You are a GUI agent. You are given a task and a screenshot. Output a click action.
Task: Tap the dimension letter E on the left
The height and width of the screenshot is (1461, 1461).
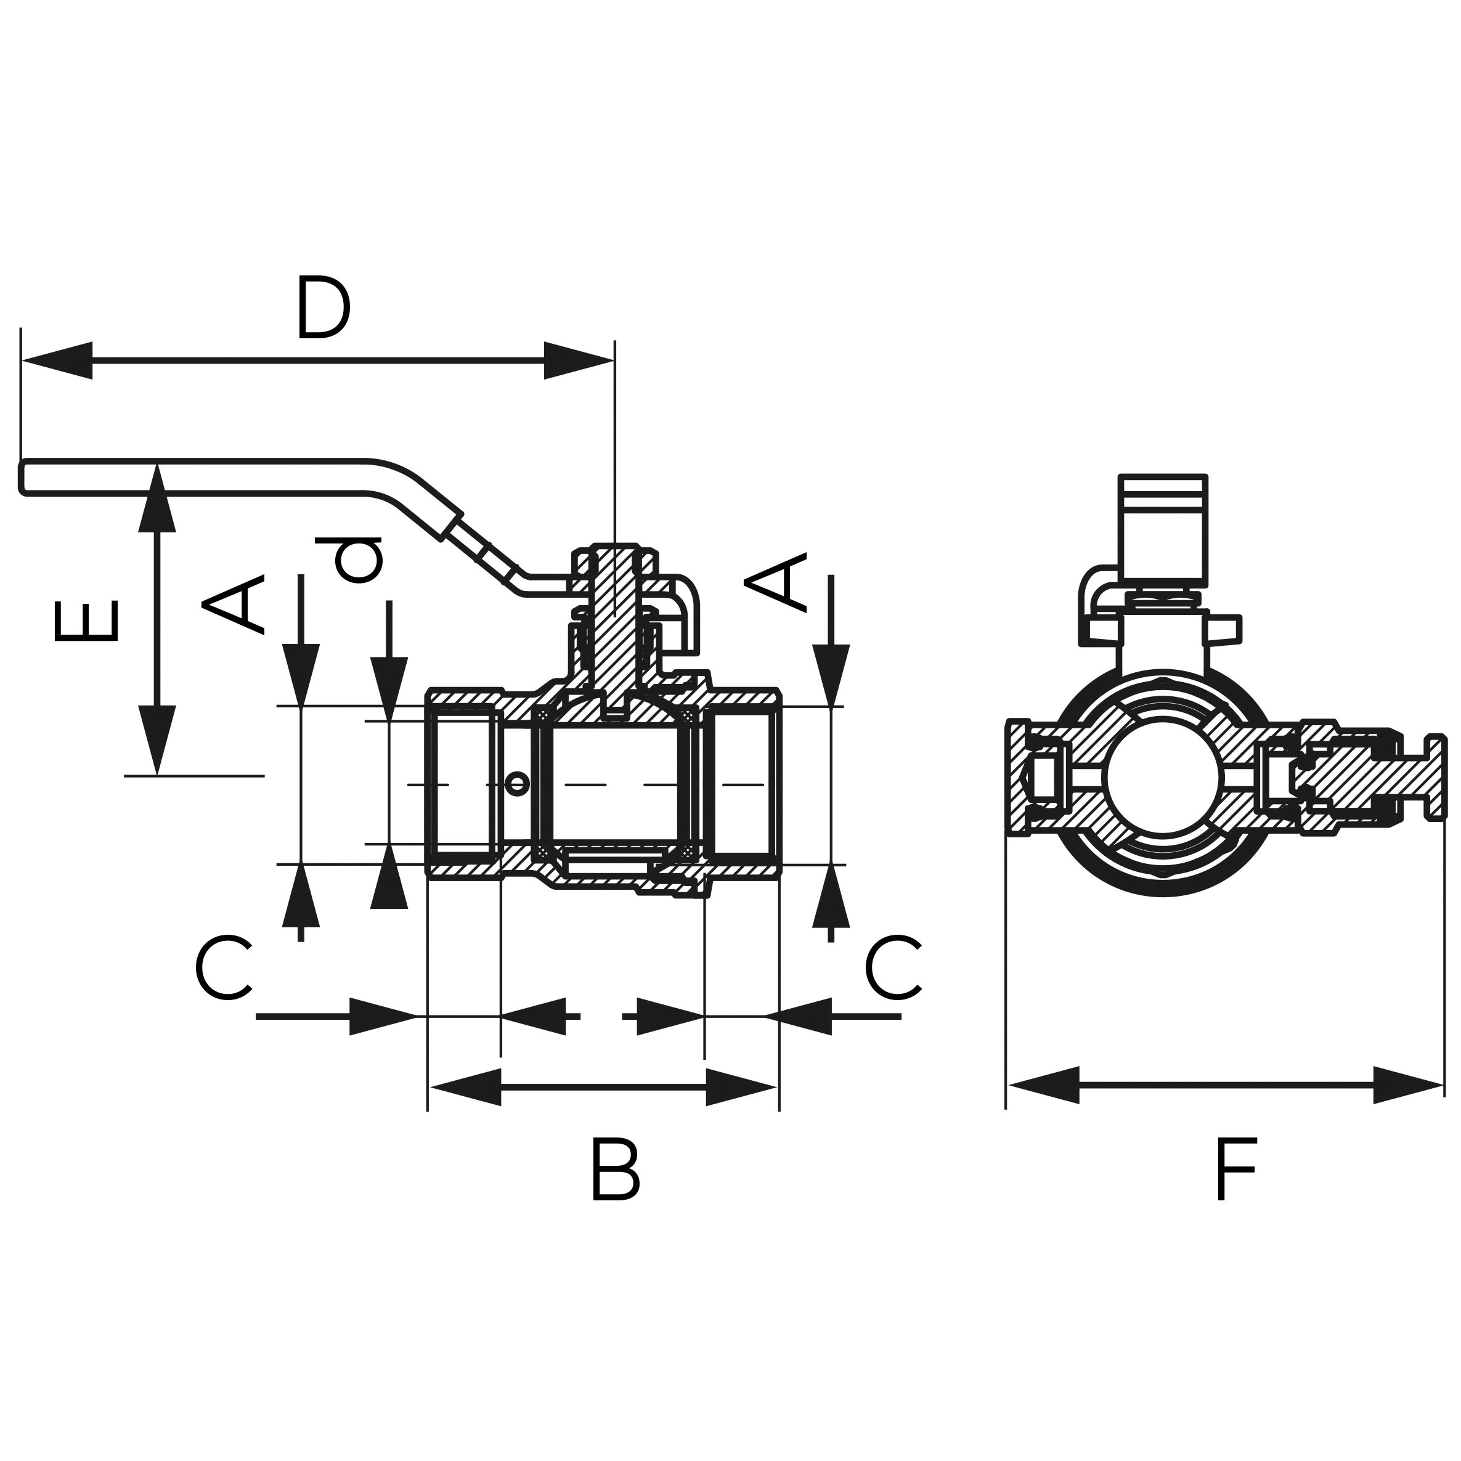click(87, 621)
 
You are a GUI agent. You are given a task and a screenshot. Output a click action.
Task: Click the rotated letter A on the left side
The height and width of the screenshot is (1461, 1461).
click(234, 603)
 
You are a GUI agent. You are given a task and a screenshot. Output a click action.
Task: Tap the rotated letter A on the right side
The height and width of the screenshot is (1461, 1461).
click(776, 582)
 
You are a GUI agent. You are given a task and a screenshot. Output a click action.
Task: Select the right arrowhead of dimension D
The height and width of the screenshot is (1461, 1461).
click(578, 360)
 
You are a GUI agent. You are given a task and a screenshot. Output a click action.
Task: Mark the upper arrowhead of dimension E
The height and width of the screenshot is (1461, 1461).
click(157, 499)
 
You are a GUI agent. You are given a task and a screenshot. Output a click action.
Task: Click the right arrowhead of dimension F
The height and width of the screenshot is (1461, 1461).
click(1407, 1085)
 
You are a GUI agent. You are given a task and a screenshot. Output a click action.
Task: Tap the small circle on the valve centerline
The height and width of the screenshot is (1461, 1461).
click(517, 783)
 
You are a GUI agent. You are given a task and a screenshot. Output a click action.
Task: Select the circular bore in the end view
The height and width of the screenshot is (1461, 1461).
click(1163, 776)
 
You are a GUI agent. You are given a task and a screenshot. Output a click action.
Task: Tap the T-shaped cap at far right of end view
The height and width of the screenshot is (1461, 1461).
click(1435, 776)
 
